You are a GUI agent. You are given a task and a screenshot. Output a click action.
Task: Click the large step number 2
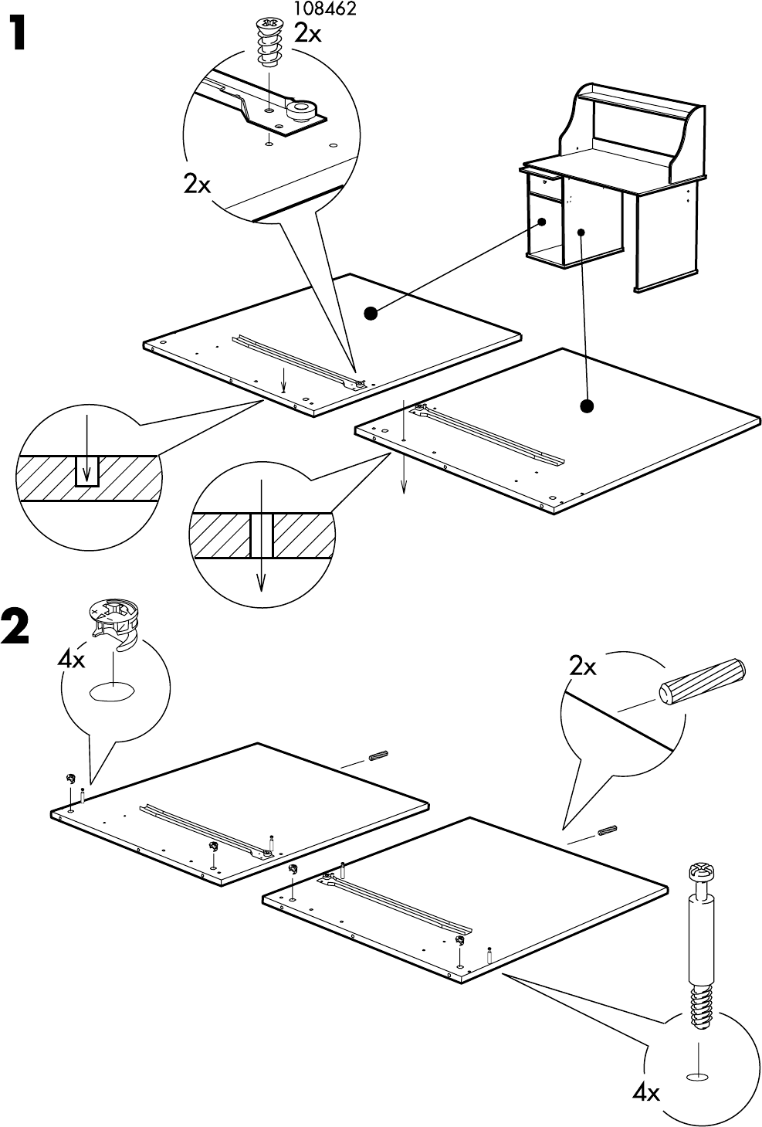[x=16, y=626]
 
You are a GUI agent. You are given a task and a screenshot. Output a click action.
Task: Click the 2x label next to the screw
[x=309, y=34]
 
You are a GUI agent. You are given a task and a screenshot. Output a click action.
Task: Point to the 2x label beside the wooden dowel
[x=583, y=667]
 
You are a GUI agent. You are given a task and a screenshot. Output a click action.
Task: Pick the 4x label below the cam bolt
[x=645, y=1093]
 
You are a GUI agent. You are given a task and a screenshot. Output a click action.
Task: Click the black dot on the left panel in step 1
[x=371, y=313]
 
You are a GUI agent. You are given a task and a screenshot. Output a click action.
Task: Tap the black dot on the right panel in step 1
[x=587, y=405]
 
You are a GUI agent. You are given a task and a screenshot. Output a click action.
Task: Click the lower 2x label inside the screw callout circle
[x=197, y=185]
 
